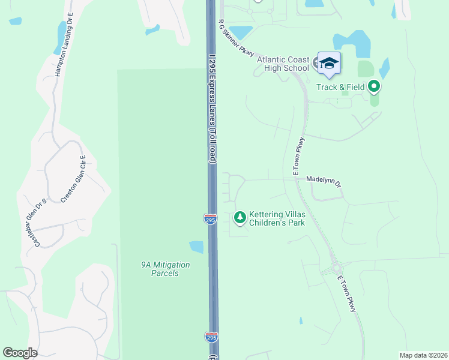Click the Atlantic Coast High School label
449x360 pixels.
tap(283, 64)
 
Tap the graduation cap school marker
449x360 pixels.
tap(329, 63)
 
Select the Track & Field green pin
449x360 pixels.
tap(375, 88)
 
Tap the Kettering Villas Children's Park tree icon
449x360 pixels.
tap(240, 217)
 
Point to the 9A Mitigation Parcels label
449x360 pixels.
tap(165, 269)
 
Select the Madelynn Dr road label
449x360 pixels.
tap(323, 179)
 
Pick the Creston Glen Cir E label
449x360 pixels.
tap(72, 179)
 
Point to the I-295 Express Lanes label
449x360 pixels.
tap(212, 108)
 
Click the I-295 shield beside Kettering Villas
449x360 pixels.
tap(210, 220)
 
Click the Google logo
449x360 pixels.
tap(20, 353)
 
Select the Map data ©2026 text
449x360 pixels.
tap(423, 355)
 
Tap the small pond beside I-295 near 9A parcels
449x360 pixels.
tap(196, 247)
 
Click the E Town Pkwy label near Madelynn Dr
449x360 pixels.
tap(299, 157)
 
